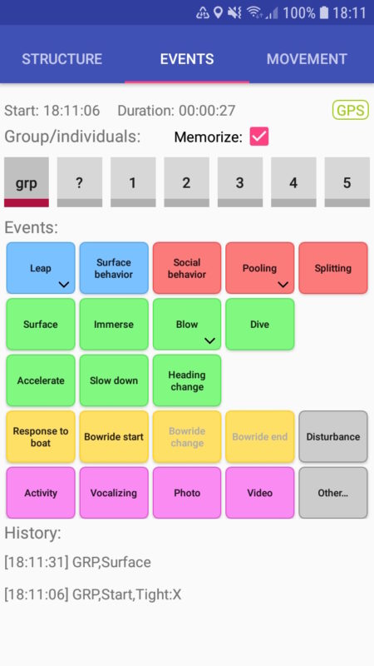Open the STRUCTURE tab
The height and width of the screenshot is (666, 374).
coord(62,58)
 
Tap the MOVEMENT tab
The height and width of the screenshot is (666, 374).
coord(307,58)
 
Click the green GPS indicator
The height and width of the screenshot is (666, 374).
coord(350,110)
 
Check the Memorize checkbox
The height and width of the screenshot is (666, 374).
coord(259,137)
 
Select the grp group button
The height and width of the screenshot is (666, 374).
coord(27,182)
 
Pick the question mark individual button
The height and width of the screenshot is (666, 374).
coord(80,182)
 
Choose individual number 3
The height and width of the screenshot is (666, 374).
coord(240,182)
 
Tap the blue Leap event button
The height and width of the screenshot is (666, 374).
coord(41,268)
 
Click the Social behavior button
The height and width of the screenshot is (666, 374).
coord(187,268)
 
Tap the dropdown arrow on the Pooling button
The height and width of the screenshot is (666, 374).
coord(283,285)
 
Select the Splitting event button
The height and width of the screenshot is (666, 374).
coord(333,268)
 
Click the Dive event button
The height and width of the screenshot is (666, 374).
coord(260,324)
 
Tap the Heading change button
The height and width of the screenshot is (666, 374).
coord(187,380)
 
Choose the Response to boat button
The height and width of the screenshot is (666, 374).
coord(41,436)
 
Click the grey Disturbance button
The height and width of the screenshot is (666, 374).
coord(333,436)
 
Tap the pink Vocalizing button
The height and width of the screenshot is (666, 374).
coord(114,493)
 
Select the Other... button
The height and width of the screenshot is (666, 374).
coord(333,493)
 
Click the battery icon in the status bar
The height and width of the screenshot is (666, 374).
coord(324,12)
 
